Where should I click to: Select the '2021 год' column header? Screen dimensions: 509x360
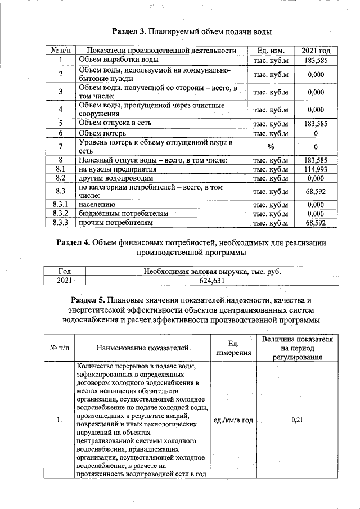point(316,51)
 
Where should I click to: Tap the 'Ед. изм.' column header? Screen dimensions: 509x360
point(271,51)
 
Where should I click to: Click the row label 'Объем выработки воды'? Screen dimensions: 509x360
point(118,60)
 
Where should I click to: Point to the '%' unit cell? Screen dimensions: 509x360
point(271,147)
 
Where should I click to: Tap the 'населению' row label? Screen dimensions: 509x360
point(97,205)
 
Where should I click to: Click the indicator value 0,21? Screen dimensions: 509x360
point(298,420)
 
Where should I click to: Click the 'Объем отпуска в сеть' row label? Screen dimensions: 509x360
point(116,123)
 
